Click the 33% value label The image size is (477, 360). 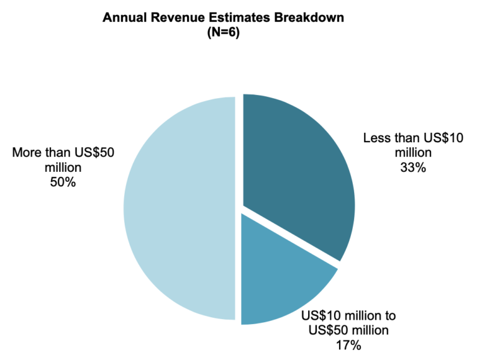pyautogui.click(x=413, y=168)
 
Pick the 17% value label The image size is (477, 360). pyautogui.click(x=348, y=344)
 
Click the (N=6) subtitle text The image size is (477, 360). pyautogui.click(x=222, y=33)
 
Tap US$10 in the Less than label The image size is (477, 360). pyautogui.click(x=443, y=137)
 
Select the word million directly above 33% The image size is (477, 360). pyautogui.click(x=413, y=153)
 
